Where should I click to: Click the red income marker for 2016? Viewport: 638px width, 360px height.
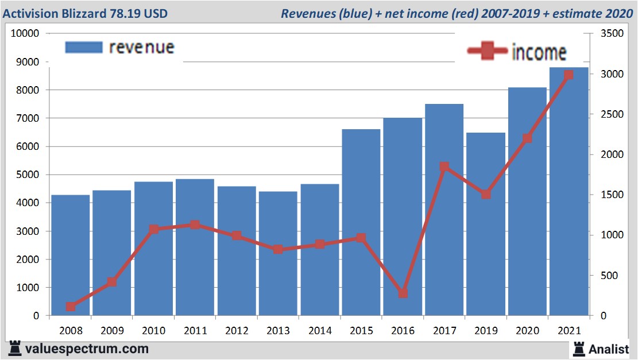coord(403,293)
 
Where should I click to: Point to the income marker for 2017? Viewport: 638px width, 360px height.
coord(444,167)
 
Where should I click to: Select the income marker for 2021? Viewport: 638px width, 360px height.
coord(569,75)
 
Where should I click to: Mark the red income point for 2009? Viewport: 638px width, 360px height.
coord(112,282)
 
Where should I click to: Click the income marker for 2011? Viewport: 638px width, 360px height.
coord(195,224)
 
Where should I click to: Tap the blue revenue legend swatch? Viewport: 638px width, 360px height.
coord(84,47)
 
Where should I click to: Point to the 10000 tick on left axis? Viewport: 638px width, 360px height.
coord(25,33)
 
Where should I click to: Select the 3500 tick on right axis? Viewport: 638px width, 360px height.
coord(610,34)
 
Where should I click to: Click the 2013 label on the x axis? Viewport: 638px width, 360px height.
coord(278,331)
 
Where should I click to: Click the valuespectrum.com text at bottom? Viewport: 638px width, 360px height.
coord(87,349)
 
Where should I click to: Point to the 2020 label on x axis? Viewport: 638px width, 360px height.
coord(527,331)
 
